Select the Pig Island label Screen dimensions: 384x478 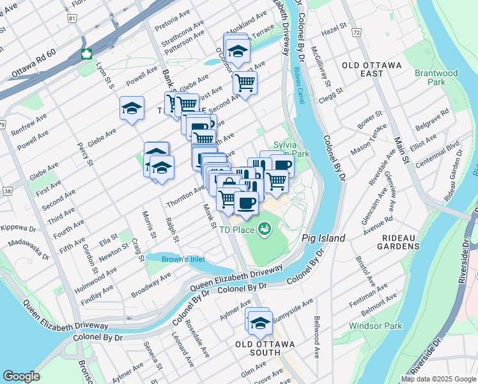pos(323,238)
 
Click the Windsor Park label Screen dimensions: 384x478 pos(376,326)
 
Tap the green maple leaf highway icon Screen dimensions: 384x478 pos(85,53)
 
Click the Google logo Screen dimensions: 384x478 pos(21,376)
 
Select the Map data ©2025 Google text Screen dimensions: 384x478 pos(438,379)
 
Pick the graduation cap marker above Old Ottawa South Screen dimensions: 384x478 pos(259,323)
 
